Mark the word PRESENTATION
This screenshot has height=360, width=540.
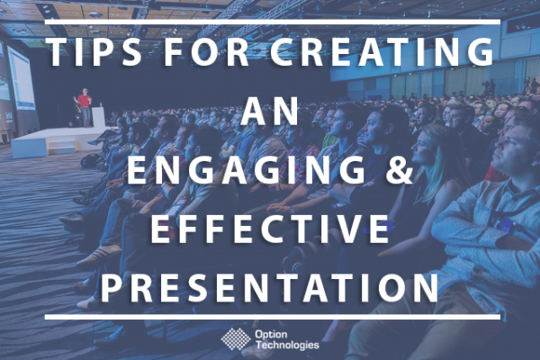tap(270, 288)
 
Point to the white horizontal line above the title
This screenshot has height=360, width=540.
tap(270, 21)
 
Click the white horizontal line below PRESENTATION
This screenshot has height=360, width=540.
tap(270, 317)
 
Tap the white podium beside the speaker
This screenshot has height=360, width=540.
tap(97, 117)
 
